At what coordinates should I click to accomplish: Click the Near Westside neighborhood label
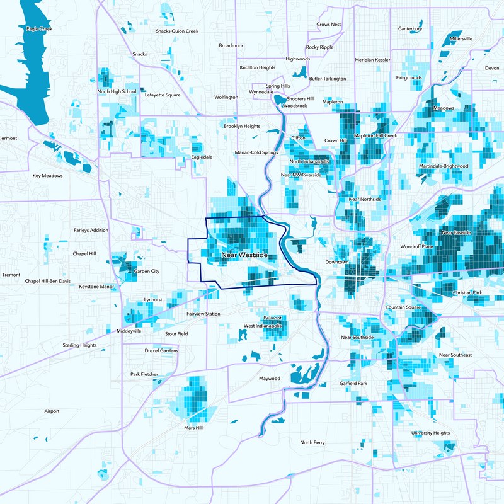244,255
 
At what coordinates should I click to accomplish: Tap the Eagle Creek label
38,29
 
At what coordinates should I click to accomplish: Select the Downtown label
336,261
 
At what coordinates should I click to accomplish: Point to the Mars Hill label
193,428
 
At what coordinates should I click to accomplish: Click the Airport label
52,411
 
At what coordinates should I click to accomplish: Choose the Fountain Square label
403,307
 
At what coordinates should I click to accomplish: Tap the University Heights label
431,433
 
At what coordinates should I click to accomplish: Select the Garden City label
147,272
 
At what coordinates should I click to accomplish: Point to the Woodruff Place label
417,246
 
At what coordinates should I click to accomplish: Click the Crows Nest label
329,25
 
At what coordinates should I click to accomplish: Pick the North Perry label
312,442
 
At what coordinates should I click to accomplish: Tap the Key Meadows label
48,176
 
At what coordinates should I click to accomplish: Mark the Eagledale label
202,157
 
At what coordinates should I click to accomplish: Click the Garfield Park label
353,383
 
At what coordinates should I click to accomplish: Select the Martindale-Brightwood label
444,166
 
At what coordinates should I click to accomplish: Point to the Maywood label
270,379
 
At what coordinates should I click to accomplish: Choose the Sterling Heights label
80,345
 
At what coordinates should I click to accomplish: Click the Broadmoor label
231,46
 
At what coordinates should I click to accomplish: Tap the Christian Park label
467,293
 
